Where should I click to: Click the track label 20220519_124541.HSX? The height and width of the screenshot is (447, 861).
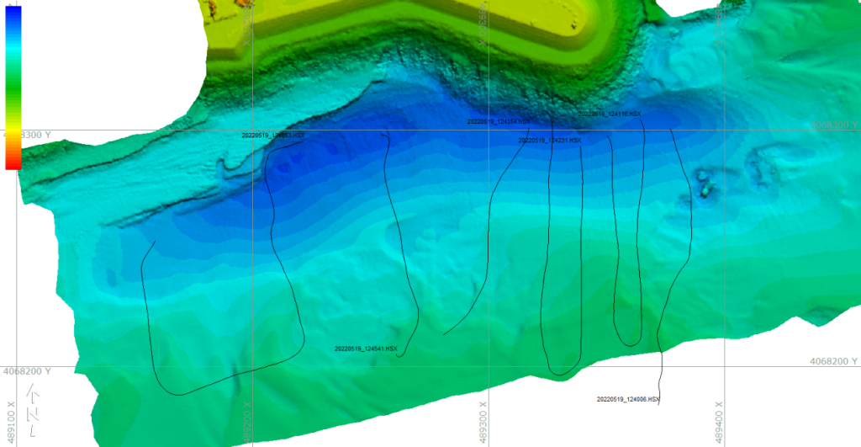pos(366,349)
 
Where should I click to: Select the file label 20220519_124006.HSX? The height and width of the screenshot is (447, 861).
pos(628,399)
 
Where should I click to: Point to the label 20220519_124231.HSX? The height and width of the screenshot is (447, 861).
pos(550,141)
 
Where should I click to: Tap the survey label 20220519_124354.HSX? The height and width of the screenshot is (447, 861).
pos(499,122)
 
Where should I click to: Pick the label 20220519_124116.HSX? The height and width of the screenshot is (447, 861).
pos(610,114)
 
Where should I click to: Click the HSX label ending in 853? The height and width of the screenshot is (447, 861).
pos(273,135)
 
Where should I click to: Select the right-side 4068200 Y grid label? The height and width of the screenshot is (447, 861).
pos(833,361)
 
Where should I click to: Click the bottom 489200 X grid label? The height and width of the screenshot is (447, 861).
pos(247,426)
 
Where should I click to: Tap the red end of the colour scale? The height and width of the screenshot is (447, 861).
pos(13,162)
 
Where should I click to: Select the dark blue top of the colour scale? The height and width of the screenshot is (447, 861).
pos(13,13)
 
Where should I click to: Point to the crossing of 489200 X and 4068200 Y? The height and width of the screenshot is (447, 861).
pos(253,366)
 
